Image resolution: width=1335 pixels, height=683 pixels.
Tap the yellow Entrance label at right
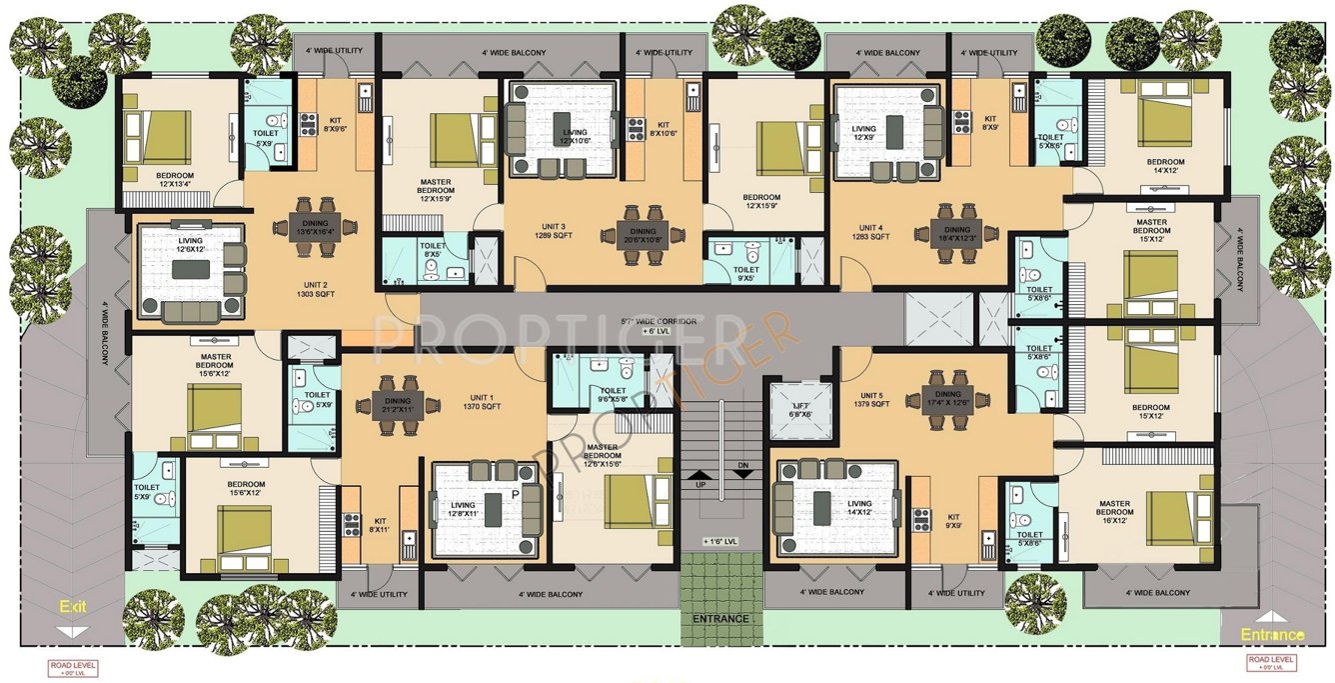1272,635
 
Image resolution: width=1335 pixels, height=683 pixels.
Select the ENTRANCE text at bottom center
719,619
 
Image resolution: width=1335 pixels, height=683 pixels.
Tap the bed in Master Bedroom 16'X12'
1178,517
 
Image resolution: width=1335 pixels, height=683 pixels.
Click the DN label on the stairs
742,466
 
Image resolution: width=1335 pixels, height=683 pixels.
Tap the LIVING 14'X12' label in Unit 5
858,508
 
